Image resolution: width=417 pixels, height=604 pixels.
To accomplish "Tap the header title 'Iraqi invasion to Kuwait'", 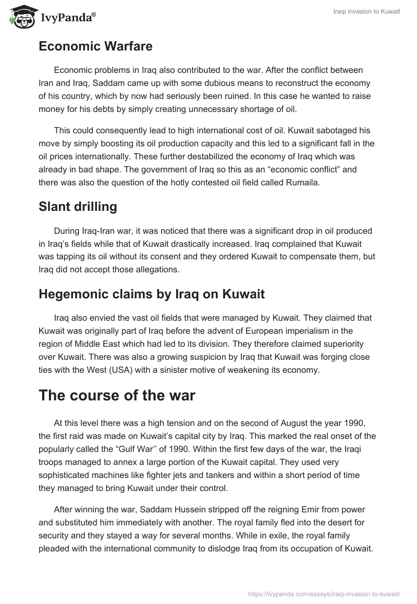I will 367,12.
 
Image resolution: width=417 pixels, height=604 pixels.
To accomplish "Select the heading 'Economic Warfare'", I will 95,46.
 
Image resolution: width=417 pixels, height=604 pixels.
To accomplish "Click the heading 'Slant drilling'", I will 78,207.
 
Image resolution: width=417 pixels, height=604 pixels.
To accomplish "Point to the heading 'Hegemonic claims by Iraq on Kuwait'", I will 152,294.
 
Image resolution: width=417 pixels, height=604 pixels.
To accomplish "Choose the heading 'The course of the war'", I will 117,395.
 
